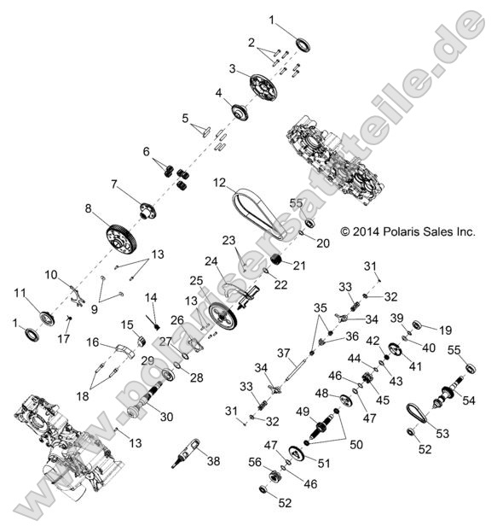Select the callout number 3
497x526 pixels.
click(x=232, y=68)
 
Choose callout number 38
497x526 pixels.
click(x=213, y=461)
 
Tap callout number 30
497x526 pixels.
click(x=165, y=416)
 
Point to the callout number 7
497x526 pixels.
click(x=113, y=183)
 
